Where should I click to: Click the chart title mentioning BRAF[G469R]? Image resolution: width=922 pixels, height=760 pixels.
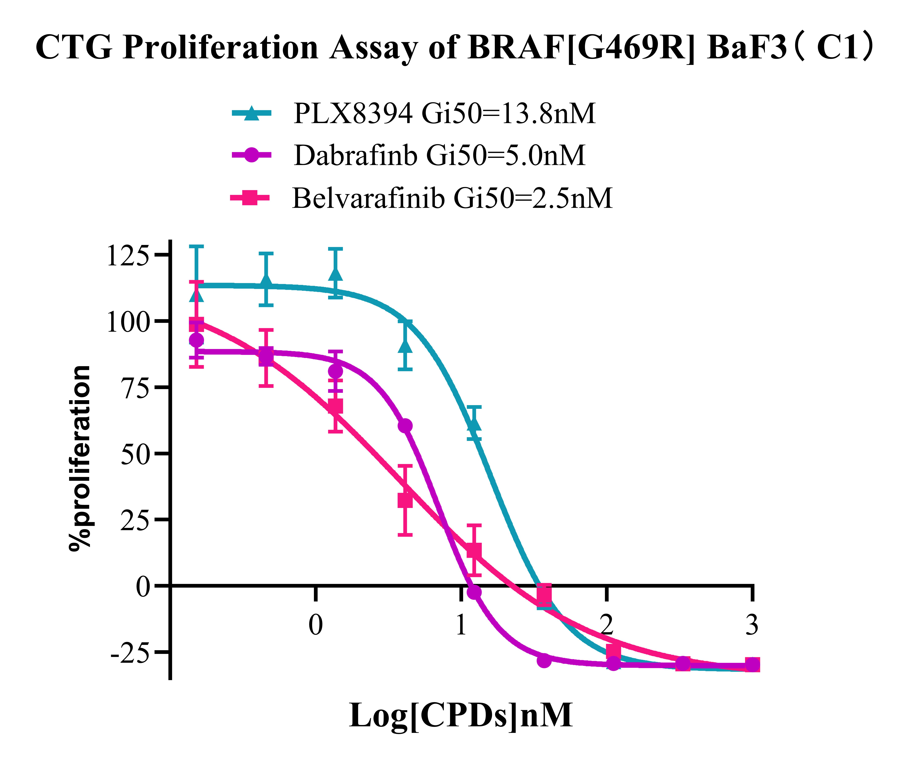(455, 47)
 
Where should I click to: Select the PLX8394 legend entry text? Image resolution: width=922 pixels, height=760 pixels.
(444, 114)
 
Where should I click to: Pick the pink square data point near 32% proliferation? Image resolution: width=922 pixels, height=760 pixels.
(405, 500)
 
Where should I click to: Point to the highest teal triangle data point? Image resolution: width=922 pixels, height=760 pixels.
(335, 274)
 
